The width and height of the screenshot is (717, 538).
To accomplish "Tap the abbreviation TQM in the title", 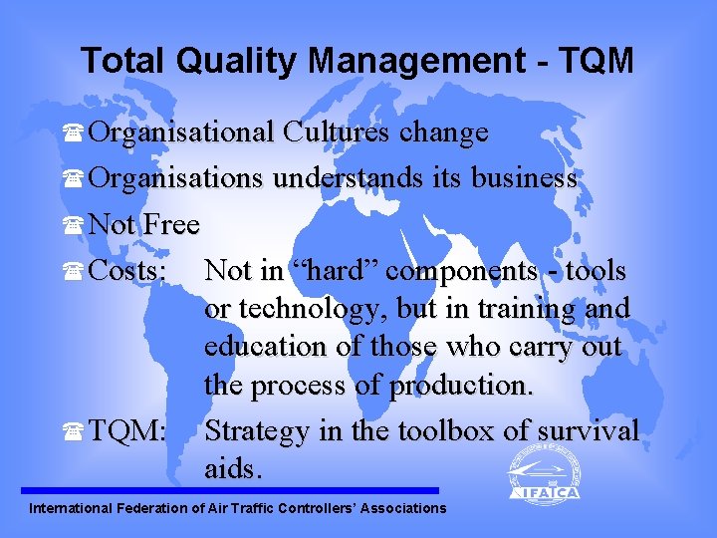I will pos(597,61).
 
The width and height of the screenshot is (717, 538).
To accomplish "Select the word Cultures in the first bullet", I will pos(338,133).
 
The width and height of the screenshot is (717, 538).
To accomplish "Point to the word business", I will pos(519,179).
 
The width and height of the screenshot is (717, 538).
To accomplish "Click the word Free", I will pos(171,225).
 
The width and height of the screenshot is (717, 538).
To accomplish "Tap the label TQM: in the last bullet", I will pos(127,431).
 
